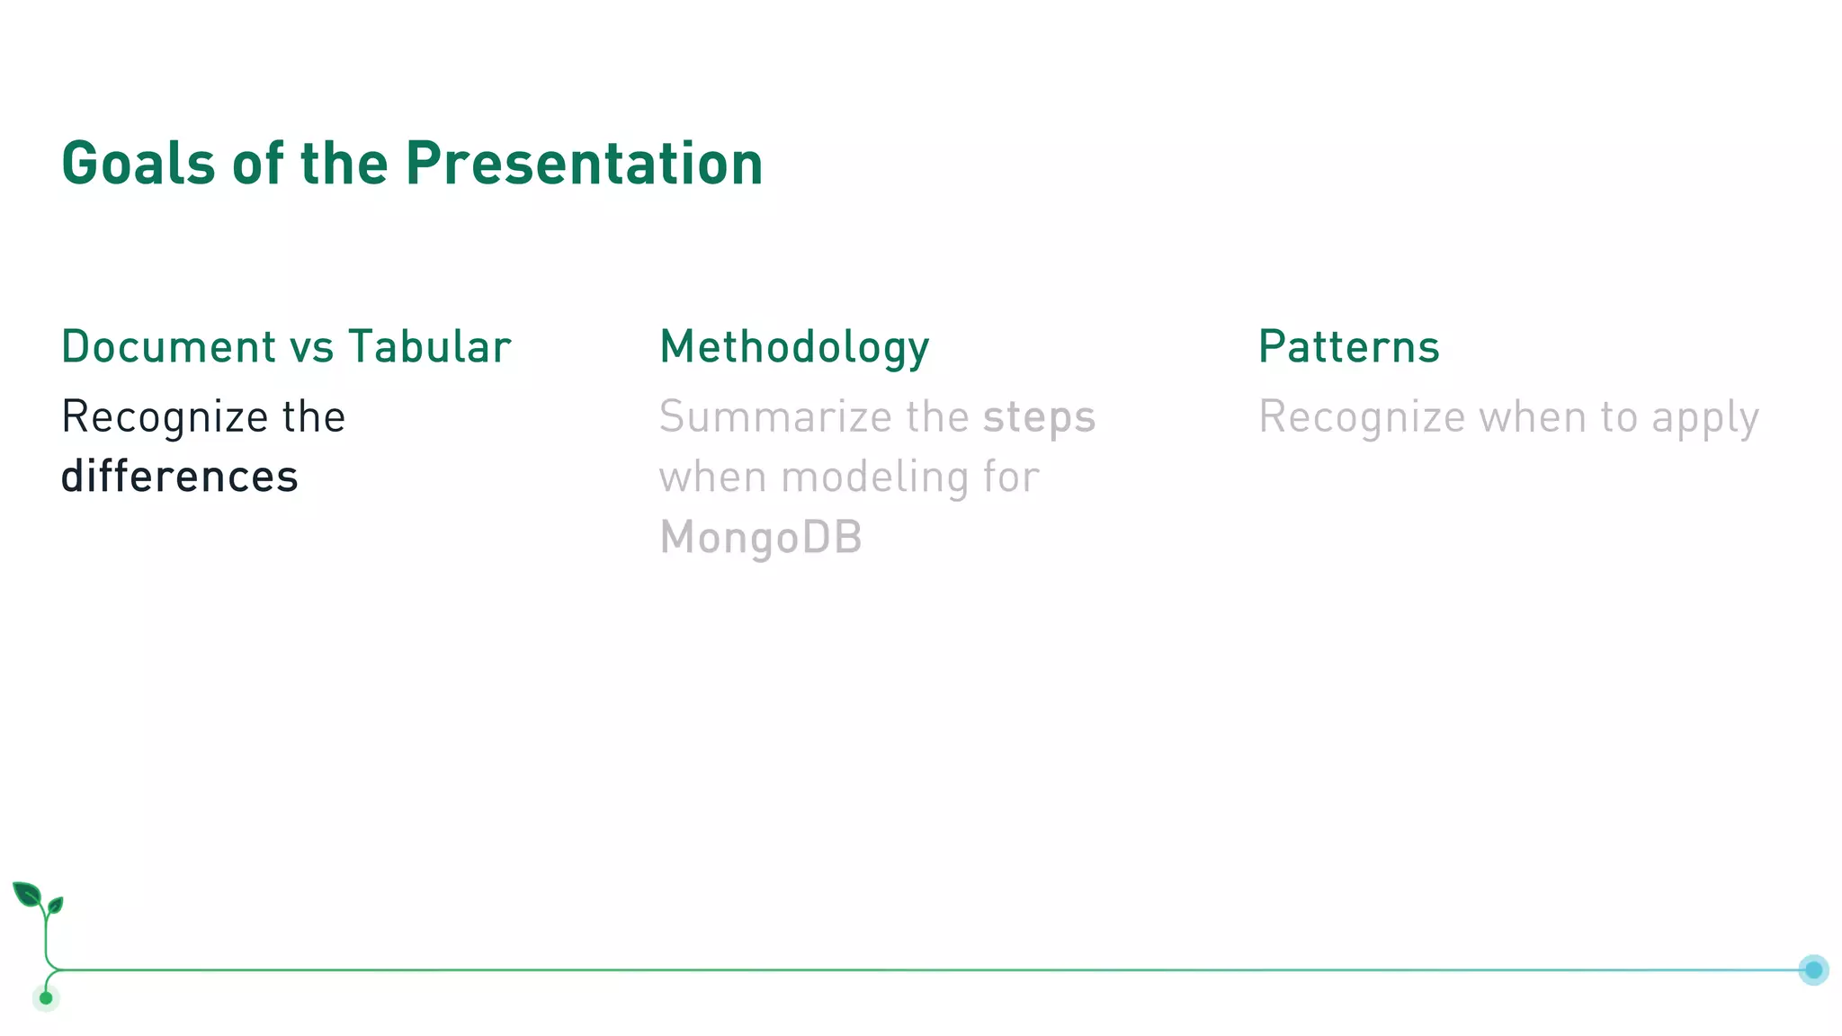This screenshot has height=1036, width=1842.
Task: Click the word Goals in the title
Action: click(x=138, y=164)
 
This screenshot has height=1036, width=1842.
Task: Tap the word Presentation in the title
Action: click(x=584, y=164)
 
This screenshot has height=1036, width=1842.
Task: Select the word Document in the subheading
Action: click(x=168, y=347)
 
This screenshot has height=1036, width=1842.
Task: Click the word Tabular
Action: click(x=430, y=347)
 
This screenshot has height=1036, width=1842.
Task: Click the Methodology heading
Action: click(x=794, y=347)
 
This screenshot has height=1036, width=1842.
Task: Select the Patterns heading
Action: click(x=1348, y=347)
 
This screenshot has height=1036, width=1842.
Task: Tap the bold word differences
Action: click(x=179, y=477)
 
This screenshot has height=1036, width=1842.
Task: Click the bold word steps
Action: click(x=1039, y=417)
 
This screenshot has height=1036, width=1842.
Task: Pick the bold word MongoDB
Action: click(x=761, y=538)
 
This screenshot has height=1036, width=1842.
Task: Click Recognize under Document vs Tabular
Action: click(x=165, y=417)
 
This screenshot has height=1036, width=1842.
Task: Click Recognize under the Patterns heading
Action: click(x=1362, y=417)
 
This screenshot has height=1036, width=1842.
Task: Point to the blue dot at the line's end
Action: click(x=1813, y=969)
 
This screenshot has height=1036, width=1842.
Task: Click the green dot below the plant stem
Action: click(x=46, y=997)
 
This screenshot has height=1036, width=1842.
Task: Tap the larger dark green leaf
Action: click(x=27, y=895)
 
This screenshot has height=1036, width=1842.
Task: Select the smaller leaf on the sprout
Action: click(x=56, y=905)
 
